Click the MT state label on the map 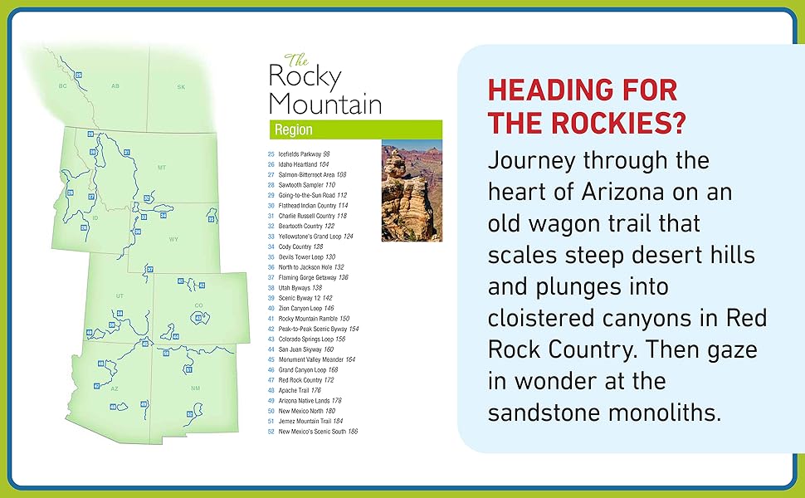pyautogui.click(x=162, y=167)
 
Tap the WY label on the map pyautogui.click(x=173, y=239)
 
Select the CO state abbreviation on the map pyautogui.click(x=198, y=305)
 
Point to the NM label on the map pyautogui.click(x=195, y=388)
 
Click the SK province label pyautogui.click(x=181, y=86)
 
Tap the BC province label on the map pyautogui.click(x=62, y=85)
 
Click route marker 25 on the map pyautogui.click(x=79, y=76)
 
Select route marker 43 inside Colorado pyautogui.click(x=198, y=317)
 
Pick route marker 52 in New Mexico pyautogui.click(x=190, y=413)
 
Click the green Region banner pyautogui.click(x=355, y=129)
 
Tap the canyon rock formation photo pyautogui.click(x=412, y=190)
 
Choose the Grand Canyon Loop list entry pyautogui.click(x=309, y=370)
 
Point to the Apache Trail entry pyautogui.click(x=300, y=390)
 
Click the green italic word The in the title pyautogui.click(x=296, y=61)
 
